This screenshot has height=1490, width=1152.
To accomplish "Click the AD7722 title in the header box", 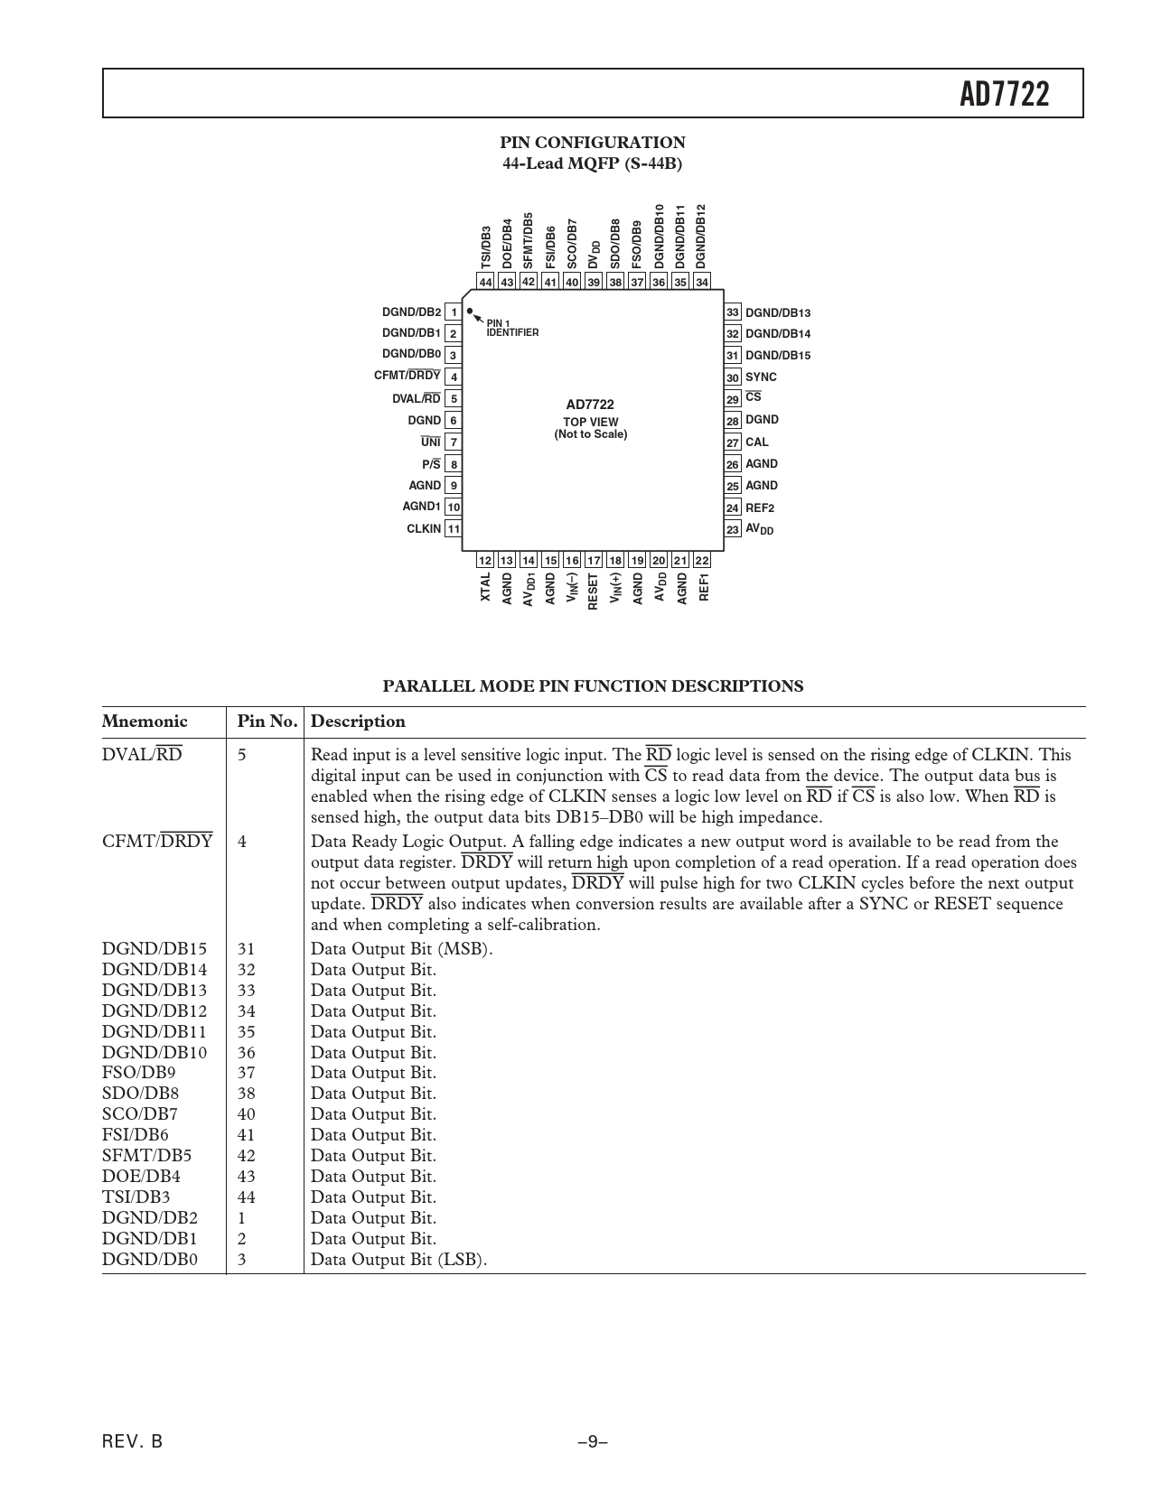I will (1005, 94).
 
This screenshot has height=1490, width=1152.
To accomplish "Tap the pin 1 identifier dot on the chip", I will (469, 311).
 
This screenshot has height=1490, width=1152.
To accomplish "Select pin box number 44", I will (486, 282).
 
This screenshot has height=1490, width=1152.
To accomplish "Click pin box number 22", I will (702, 561).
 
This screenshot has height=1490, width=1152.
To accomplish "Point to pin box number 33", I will (732, 312).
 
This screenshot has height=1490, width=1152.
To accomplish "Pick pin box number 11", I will (454, 529).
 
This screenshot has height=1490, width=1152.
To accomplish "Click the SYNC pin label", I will (761, 377).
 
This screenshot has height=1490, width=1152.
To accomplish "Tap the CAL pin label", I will (757, 442).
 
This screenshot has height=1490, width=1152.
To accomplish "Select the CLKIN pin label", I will (424, 529).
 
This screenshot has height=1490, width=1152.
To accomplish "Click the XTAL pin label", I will (486, 587).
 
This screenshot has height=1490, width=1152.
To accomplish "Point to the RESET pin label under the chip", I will (594, 592).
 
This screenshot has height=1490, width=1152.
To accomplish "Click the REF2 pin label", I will (760, 508).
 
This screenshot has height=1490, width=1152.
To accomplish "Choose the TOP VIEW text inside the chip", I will (591, 422).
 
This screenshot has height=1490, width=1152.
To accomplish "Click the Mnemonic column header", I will (145, 722).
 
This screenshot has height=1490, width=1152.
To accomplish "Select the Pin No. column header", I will (267, 722).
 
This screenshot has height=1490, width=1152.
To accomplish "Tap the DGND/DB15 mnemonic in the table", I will (155, 949).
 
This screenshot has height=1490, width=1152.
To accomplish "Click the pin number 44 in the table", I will (247, 1197).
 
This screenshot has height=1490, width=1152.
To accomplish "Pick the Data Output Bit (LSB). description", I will (398, 1260).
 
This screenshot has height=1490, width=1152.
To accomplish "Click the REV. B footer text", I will (133, 1442).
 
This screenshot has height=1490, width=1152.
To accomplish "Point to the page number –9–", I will (593, 1442).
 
